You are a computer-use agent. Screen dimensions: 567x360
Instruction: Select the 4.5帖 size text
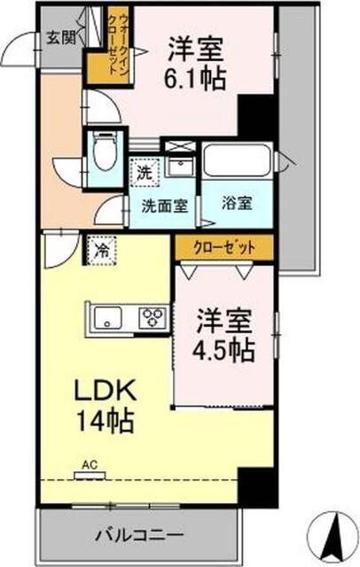click(x=225, y=346)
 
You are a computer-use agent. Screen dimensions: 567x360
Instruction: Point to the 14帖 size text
click(x=105, y=419)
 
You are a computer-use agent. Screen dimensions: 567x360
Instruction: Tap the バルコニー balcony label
click(x=142, y=536)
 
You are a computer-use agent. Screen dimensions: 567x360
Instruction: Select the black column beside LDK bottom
click(x=254, y=485)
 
